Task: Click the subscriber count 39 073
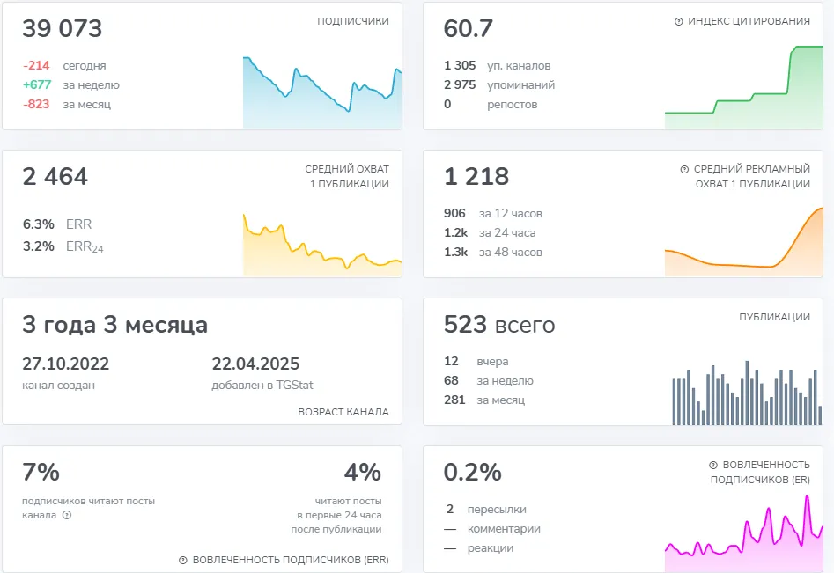coord(62,29)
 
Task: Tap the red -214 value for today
coord(36,65)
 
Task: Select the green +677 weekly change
coord(37,84)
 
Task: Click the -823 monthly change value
coord(36,104)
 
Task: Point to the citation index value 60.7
coord(468,29)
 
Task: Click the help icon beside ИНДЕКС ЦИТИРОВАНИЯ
coord(679,21)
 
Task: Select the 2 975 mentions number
coord(460,84)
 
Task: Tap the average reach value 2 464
coord(55,176)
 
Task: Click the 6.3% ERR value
coord(38,224)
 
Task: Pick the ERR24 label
coord(85,246)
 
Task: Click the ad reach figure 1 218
coord(476,176)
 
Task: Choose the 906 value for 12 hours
coord(454,213)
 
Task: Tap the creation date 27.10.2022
coord(65,364)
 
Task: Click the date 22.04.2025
coord(255,364)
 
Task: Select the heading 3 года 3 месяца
coord(114,324)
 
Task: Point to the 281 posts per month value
coord(454,400)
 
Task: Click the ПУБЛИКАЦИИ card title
coord(774,317)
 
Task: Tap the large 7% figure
coord(41,472)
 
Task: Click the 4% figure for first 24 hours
coord(363,472)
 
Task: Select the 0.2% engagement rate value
coord(472,472)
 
